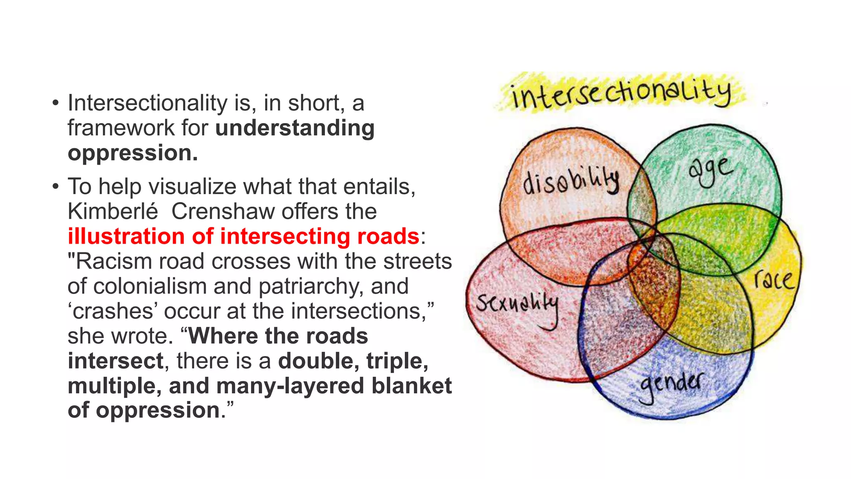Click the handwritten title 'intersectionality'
[621, 93]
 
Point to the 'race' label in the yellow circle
[774, 279]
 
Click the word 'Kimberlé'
[113, 211]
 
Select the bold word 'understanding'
[295, 128]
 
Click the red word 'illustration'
[126, 236]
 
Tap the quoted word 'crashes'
[113, 311]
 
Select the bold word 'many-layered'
[291, 385]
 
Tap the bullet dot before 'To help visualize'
[55, 187]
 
